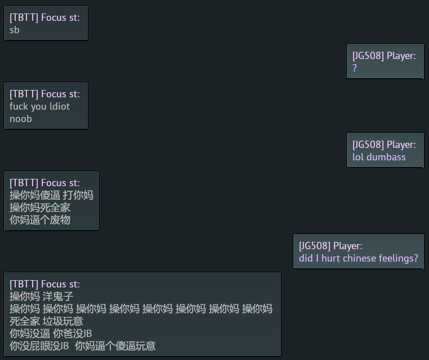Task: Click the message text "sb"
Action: coord(15,30)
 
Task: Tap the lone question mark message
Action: coord(355,68)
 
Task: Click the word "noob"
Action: coord(21,119)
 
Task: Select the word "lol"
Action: coord(359,157)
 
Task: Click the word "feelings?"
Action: coord(399,258)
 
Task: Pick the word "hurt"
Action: coord(330,258)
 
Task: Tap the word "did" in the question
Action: coord(306,258)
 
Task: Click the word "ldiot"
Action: coord(60,106)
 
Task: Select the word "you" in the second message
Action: coord(39,106)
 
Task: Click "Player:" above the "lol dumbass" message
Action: coord(401,145)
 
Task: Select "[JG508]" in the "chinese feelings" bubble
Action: coord(315,246)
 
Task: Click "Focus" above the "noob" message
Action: coord(53,94)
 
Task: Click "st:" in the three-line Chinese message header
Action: coord(74,183)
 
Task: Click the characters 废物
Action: coord(60,220)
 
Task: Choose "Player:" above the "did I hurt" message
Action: coord(348,246)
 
